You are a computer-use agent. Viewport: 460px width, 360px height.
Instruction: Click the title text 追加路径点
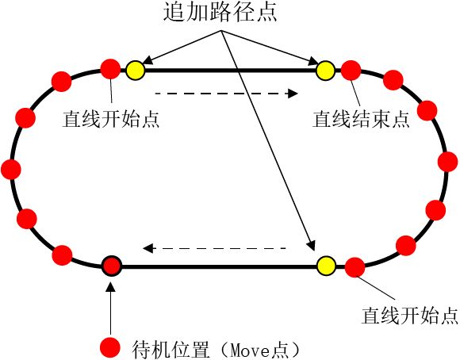click(x=220, y=13)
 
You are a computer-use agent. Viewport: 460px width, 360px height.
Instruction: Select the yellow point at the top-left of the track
click(x=136, y=71)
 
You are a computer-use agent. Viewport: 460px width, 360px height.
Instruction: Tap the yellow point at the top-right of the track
click(x=326, y=71)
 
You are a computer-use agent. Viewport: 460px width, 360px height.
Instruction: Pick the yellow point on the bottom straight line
click(x=326, y=266)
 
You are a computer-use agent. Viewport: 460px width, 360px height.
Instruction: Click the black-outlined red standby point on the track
click(x=112, y=266)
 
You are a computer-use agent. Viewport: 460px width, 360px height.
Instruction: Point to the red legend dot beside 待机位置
click(x=110, y=347)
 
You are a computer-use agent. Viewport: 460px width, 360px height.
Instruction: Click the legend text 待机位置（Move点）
click(x=217, y=349)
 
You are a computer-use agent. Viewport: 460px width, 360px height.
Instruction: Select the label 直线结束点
click(x=361, y=120)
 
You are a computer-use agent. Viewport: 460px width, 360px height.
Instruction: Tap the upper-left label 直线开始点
click(x=111, y=119)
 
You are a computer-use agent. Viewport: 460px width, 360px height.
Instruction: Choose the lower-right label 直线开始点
click(x=409, y=316)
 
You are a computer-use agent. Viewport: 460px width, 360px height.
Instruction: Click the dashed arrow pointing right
click(x=227, y=94)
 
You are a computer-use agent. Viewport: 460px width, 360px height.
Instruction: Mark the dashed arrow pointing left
click(x=214, y=248)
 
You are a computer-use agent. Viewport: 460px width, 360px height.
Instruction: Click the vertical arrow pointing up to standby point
click(x=110, y=308)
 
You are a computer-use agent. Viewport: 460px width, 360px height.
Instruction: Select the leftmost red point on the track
click(x=11, y=170)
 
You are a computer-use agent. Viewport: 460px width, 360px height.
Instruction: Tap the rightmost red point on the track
click(x=447, y=162)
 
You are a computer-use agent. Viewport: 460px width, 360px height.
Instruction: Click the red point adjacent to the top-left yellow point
click(x=110, y=69)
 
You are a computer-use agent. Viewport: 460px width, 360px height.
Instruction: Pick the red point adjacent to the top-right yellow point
click(x=351, y=71)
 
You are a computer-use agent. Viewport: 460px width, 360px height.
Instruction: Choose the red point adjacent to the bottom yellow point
click(x=355, y=267)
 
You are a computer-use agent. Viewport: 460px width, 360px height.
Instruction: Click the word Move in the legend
click(x=251, y=350)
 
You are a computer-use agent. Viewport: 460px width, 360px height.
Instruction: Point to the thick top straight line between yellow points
click(x=230, y=71)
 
